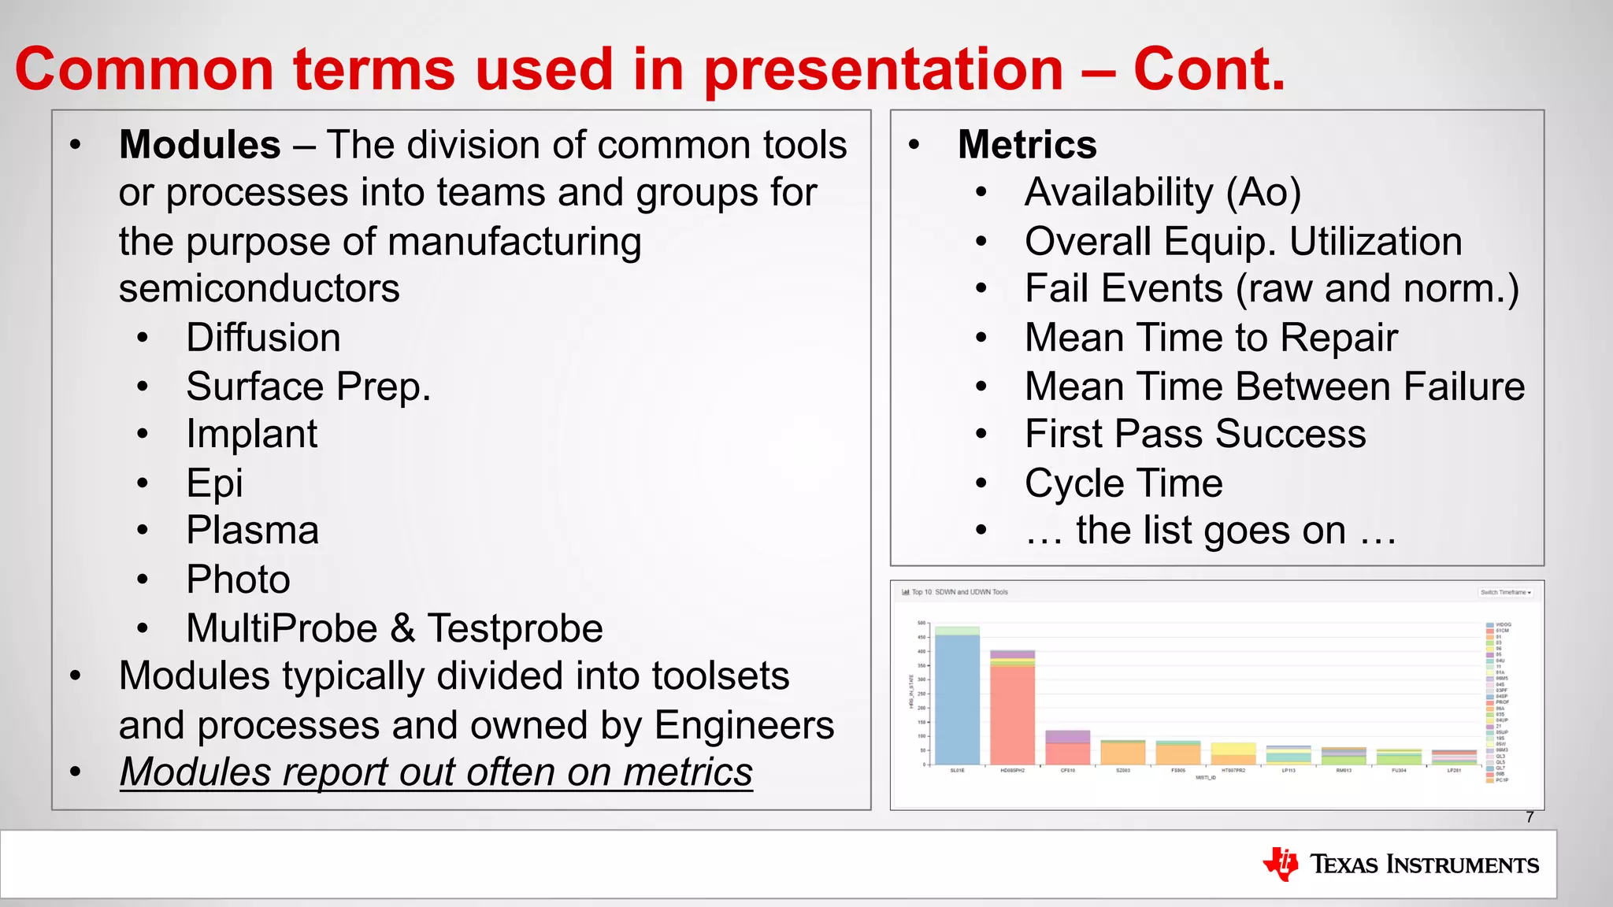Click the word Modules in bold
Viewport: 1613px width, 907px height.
point(199,145)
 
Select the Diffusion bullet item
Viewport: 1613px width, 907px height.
point(263,338)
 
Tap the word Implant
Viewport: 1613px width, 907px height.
point(251,434)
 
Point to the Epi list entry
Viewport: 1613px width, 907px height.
point(214,483)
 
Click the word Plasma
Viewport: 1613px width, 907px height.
point(252,531)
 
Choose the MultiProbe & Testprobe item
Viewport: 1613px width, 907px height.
point(394,628)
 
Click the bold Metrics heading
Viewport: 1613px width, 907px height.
point(1026,145)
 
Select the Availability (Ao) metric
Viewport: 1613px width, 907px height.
point(1162,193)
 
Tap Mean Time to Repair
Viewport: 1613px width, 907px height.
point(1211,338)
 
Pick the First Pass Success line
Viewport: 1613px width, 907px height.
point(1195,434)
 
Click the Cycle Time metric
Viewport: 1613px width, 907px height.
point(1123,483)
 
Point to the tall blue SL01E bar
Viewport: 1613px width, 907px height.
point(957,701)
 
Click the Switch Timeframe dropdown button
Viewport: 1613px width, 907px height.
point(1505,592)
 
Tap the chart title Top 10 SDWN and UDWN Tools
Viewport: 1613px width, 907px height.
point(959,592)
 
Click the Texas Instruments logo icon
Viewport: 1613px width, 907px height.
point(1281,864)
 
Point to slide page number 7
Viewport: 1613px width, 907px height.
point(1530,817)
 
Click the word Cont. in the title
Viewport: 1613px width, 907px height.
point(1209,69)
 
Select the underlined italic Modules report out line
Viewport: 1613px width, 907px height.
point(436,772)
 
